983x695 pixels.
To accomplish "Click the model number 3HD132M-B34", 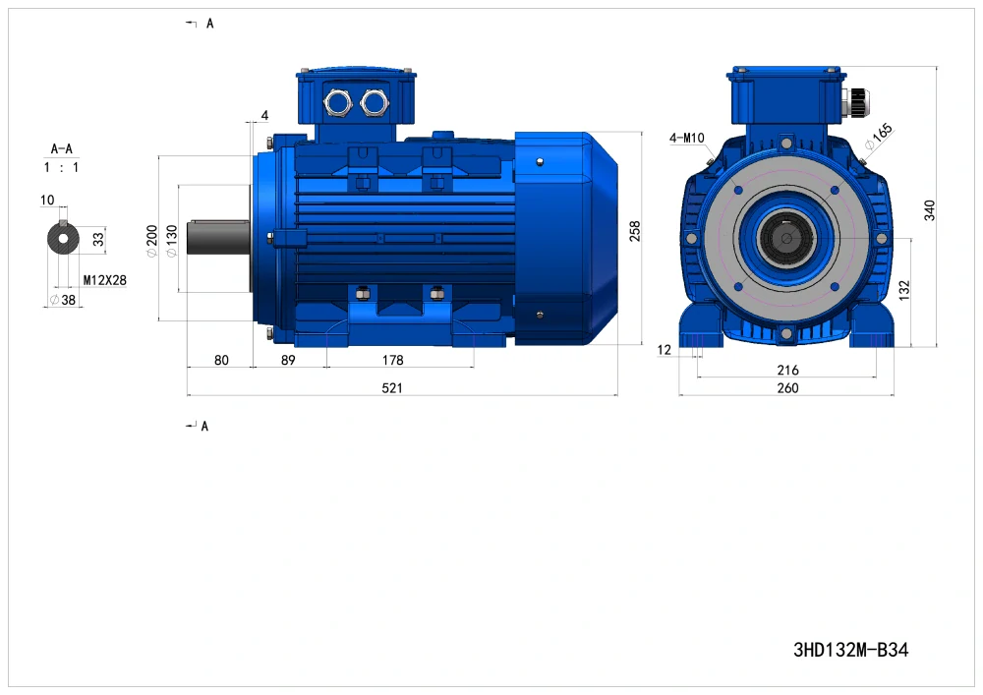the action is pos(850,650).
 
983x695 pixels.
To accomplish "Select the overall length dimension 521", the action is pos(392,388).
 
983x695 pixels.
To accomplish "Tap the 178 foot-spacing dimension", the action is pos(393,360).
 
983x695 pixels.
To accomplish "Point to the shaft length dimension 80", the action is pos(221,360).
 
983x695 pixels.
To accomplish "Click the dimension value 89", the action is pos(288,360).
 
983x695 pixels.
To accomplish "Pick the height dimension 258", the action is pos(634,231).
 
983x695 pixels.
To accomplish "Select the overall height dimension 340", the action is pos(929,210).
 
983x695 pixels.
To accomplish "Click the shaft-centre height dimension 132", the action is pos(903,290).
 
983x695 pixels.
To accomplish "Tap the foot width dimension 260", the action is pos(788,388).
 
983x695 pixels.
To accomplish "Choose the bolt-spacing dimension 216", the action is pos(788,370).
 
